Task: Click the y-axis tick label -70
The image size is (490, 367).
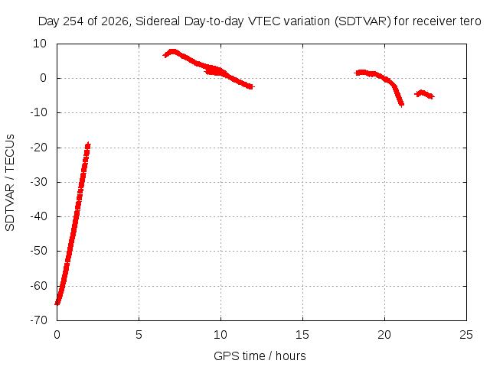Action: (x=38, y=320)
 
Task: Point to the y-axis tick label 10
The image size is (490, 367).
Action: (x=40, y=44)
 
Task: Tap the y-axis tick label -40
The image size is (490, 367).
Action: (x=38, y=216)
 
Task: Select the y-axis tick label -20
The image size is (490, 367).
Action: (x=38, y=148)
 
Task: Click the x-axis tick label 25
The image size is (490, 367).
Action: (x=466, y=335)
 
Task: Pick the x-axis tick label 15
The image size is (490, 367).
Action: (x=302, y=335)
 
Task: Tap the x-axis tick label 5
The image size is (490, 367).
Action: (x=139, y=335)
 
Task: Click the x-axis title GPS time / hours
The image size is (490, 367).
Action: (x=260, y=356)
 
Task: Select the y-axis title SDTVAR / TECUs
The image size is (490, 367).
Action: (x=10, y=183)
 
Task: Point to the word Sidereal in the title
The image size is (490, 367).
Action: (x=158, y=21)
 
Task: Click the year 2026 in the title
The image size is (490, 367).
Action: (x=115, y=21)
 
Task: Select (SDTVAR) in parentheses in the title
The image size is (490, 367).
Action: (x=362, y=21)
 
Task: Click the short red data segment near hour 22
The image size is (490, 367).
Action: (x=424, y=94)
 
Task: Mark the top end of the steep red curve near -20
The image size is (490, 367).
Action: (x=89, y=145)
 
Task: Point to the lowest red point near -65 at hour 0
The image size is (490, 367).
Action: (x=57, y=303)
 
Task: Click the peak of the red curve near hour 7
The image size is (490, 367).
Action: (x=172, y=51)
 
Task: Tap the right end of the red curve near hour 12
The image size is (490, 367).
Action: (x=251, y=86)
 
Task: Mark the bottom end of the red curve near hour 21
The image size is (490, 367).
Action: (x=401, y=104)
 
